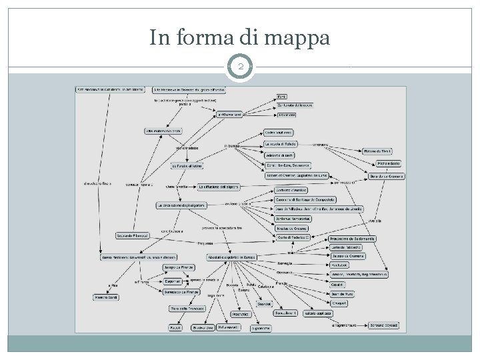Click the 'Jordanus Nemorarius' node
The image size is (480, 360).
pos(293,219)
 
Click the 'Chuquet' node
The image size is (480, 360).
pos(341,303)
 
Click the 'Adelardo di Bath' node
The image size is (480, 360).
pos(279,155)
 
